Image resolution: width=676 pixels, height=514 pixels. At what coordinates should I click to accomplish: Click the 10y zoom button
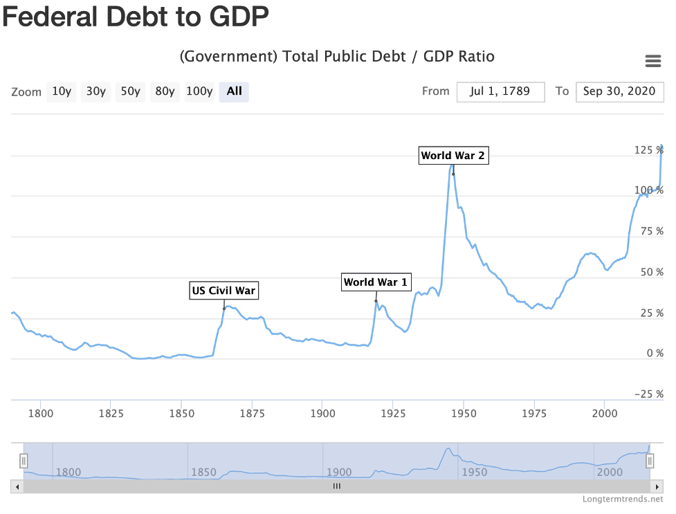coord(61,91)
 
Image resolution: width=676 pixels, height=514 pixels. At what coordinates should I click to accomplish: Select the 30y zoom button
coord(95,91)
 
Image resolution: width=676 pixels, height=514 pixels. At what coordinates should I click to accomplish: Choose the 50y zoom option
coord(130,91)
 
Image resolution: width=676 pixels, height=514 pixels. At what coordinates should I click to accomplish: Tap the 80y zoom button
coord(165,91)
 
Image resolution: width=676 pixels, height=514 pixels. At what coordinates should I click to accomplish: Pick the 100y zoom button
coord(199,91)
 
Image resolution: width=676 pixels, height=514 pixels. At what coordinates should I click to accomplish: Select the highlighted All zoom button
coord(234,91)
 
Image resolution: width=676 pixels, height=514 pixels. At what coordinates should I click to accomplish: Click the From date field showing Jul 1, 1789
coord(501,91)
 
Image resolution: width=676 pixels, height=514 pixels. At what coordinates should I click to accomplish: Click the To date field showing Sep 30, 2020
coord(619,91)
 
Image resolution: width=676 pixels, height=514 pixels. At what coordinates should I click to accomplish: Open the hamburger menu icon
coord(652,61)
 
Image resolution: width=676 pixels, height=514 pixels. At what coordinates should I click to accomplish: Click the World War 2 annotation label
coord(453,156)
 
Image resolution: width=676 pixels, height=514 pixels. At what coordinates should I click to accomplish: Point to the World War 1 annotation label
coord(376,282)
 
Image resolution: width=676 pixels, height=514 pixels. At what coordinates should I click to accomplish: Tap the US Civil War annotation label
coord(224,291)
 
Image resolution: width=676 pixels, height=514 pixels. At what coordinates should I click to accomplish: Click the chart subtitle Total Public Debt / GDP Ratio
coord(337,57)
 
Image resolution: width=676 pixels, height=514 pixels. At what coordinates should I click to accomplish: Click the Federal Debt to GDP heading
coord(136,17)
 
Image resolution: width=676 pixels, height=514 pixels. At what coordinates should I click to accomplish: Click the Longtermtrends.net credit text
coord(623,499)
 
